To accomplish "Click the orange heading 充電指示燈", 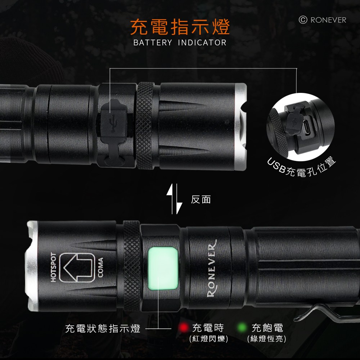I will (x=180, y=27).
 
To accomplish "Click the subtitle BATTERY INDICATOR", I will (x=180, y=43).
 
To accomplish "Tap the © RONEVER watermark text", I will (x=323, y=20).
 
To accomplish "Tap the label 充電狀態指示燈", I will (x=103, y=328).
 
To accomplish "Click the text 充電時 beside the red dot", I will (x=208, y=328).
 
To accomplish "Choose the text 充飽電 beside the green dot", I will (x=267, y=328).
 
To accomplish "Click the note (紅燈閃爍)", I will (x=208, y=339).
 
